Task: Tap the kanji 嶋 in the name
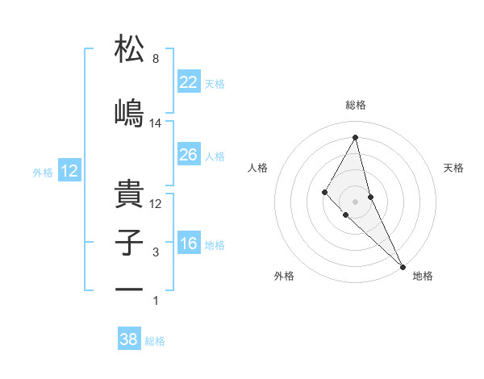(129, 112)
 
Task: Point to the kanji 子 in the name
(129, 243)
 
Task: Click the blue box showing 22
(189, 82)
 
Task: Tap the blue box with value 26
(189, 155)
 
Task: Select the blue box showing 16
(189, 244)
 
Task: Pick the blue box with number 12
(69, 171)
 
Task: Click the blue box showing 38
(129, 339)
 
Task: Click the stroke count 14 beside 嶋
(156, 123)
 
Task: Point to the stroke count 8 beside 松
(156, 59)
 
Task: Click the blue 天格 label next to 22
(215, 84)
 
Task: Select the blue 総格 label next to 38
(155, 341)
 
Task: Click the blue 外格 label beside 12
(43, 173)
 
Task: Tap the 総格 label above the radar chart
(356, 105)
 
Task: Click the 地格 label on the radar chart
(423, 276)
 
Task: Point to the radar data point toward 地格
(402, 265)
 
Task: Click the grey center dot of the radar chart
(355, 201)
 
